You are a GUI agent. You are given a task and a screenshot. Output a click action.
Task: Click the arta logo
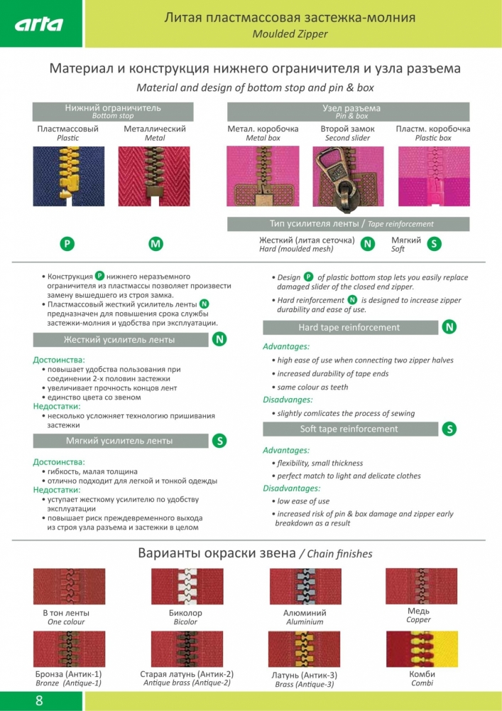(x=39, y=24)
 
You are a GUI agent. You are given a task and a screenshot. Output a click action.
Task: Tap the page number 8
(x=39, y=701)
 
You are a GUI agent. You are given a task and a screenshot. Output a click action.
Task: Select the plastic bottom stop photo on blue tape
(x=69, y=176)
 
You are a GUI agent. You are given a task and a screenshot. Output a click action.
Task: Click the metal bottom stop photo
(x=154, y=176)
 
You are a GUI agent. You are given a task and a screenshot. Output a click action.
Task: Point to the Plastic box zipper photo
(x=434, y=176)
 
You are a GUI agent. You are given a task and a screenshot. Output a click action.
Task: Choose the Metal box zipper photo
(x=263, y=176)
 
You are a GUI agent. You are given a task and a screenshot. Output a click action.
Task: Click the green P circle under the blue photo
(x=67, y=244)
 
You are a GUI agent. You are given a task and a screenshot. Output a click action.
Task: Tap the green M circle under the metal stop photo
(x=155, y=244)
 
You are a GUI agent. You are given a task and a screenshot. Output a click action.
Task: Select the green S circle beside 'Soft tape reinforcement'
(x=449, y=429)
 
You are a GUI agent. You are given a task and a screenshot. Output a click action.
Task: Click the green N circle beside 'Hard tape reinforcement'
(x=449, y=327)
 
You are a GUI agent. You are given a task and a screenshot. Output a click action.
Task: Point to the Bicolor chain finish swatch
(x=187, y=587)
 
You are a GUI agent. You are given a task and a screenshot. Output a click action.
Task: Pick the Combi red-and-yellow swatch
(x=422, y=649)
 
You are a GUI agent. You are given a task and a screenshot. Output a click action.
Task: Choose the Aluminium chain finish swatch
(x=305, y=587)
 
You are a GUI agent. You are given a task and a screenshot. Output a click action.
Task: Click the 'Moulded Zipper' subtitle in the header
(x=290, y=34)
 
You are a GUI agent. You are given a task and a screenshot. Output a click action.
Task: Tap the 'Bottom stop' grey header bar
(x=113, y=112)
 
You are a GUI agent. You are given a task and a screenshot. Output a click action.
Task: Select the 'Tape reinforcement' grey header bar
(x=348, y=224)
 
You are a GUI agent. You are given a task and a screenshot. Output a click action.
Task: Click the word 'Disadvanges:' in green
(x=288, y=400)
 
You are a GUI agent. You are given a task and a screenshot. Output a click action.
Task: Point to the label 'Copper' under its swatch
(x=418, y=620)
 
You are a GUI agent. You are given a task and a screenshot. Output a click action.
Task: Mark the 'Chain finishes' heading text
(x=339, y=554)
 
